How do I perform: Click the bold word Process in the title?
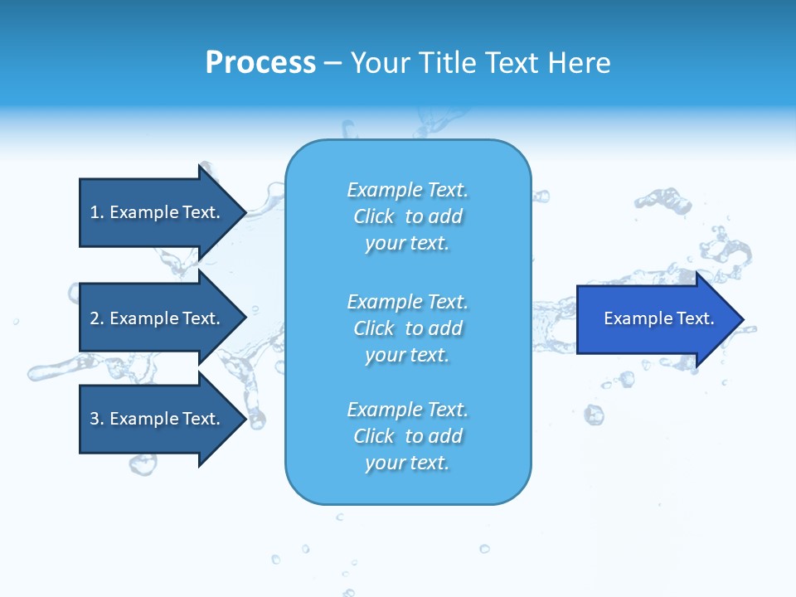pos(260,63)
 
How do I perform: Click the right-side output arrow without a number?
pos(655,319)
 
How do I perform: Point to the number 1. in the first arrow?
pos(96,212)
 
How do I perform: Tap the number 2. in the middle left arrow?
pos(96,318)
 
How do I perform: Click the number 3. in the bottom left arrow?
pos(96,419)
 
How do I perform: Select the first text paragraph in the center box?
pos(407,216)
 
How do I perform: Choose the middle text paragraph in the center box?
pos(407,328)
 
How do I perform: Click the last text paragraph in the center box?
pos(407,436)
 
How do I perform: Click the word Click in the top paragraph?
pos(373,216)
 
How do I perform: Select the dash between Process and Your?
pos(332,63)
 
